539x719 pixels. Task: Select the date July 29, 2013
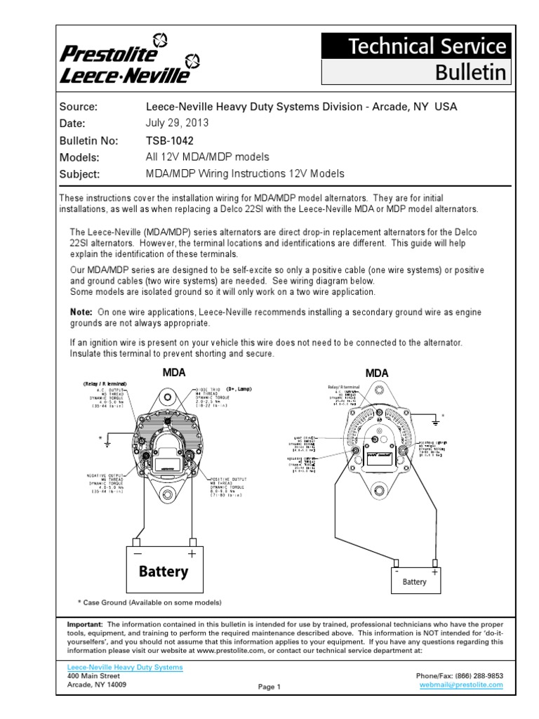click(x=177, y=123)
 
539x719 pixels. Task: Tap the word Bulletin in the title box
click(x=470, y=72)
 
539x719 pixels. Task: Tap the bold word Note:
click(x=81, y=312)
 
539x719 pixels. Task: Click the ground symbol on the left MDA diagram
click(x=107, y=443)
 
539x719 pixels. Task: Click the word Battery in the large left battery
click(x=163, y=571)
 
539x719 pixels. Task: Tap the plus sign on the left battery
click(x=190, y=554)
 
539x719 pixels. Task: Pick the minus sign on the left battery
click(x=138, y=554)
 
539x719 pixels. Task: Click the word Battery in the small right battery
click(x=414, y=581)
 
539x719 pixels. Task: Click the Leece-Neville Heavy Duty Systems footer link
click(x=124, y=667)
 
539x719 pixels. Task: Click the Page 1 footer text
click(x=269, y=687)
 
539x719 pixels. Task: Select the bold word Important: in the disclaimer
click(x=84, y=624)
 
